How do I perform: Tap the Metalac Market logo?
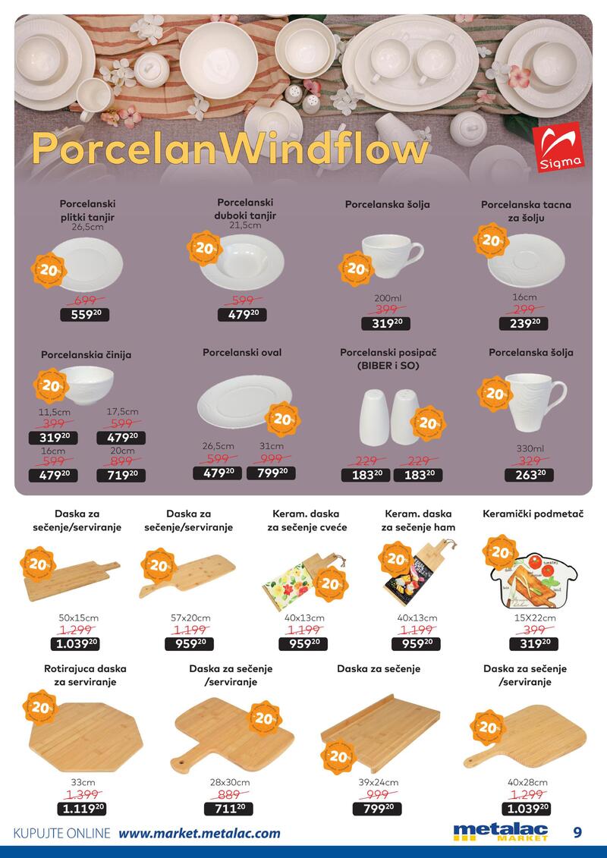(500, 832)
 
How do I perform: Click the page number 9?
(578, 832)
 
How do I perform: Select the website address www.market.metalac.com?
(200, 833)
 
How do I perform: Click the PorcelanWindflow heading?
(229, 150)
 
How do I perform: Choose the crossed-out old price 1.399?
(85, 794)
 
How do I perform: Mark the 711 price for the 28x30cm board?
(228, 808)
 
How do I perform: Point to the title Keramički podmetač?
(533, 514)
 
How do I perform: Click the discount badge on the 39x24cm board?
(338, 756)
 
